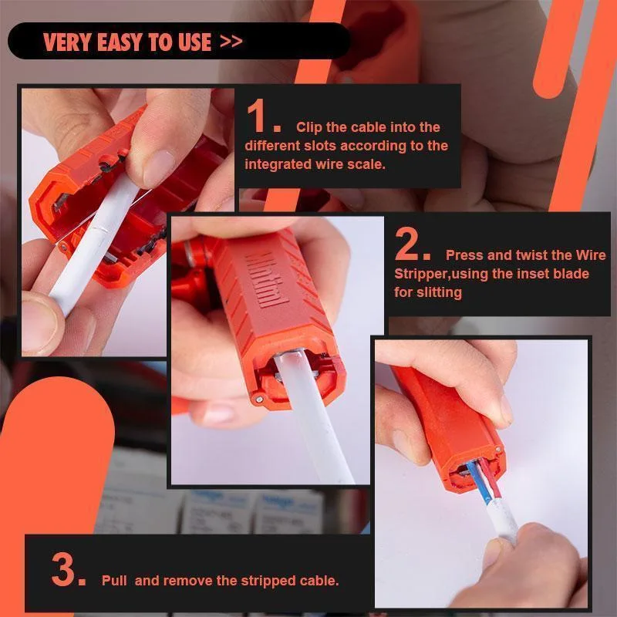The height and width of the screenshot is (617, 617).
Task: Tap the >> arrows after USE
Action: [231, 41]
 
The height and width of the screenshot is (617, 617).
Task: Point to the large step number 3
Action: [68, 571]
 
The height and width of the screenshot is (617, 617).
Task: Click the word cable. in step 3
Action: [319, 581]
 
